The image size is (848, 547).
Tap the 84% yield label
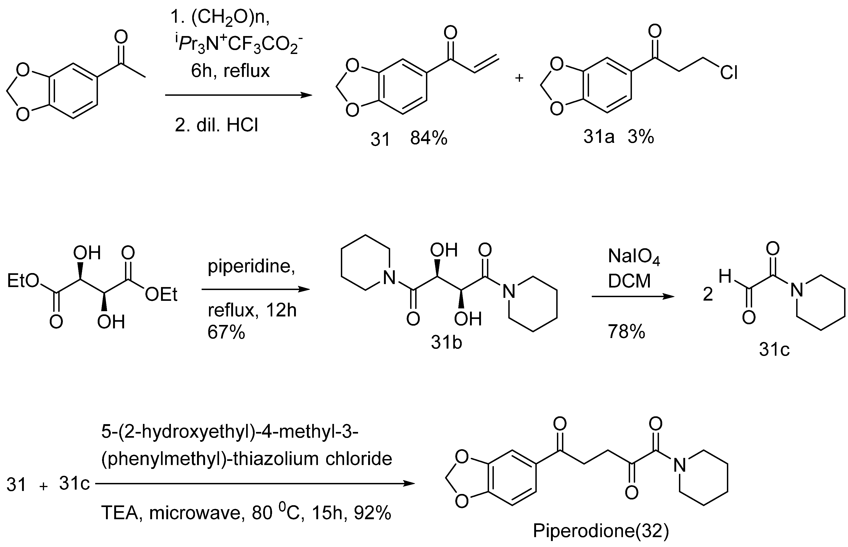[429, 138]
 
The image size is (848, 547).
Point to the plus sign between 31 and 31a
[519, 78]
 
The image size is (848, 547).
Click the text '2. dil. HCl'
[217, 125]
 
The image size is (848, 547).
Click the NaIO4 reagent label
[634, 257]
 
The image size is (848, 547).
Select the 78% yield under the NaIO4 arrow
[626, 332]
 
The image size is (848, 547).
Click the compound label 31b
[446, 343]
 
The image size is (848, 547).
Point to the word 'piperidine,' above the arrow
[251, 266]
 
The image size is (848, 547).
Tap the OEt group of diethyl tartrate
[161, 294]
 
